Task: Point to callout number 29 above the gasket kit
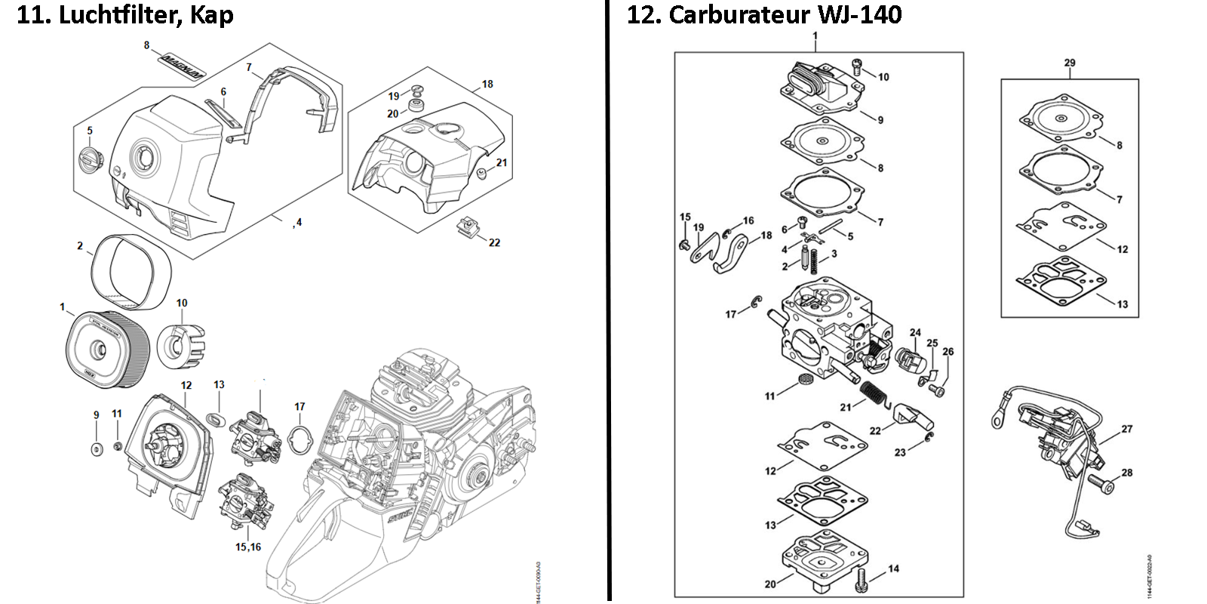point(1070,63)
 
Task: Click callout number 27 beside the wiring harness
point(1126,429)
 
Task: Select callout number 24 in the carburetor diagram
point(915,332)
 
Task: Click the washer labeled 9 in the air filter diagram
point(96,450)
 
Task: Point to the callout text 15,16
point(247,547)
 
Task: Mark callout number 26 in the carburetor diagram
point(947,352)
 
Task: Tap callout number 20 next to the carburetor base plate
point(769,584)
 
